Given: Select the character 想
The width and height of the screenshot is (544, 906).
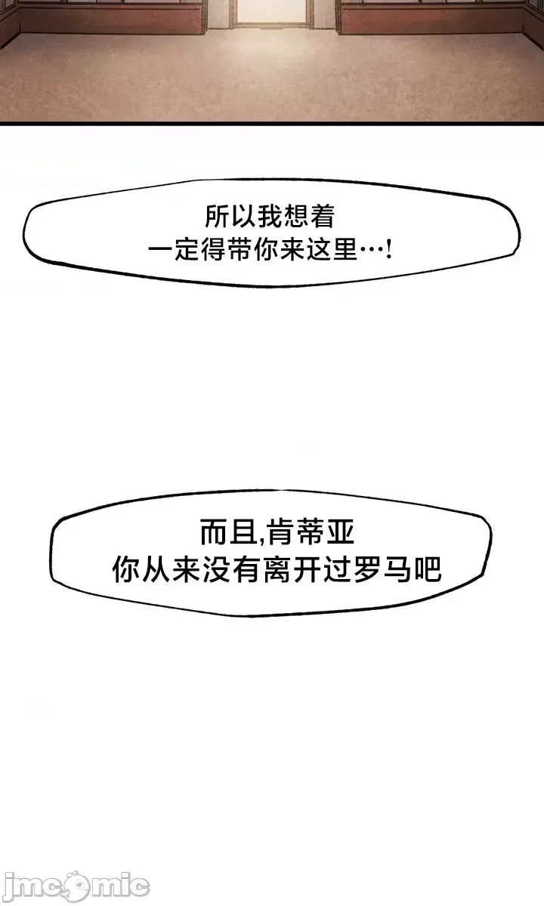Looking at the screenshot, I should (295, 217).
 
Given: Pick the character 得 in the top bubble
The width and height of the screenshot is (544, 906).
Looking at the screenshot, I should (216, 250).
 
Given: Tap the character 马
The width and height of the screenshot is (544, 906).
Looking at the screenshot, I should (398, 569).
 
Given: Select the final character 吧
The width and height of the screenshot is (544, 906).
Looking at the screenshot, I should (428, 569).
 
